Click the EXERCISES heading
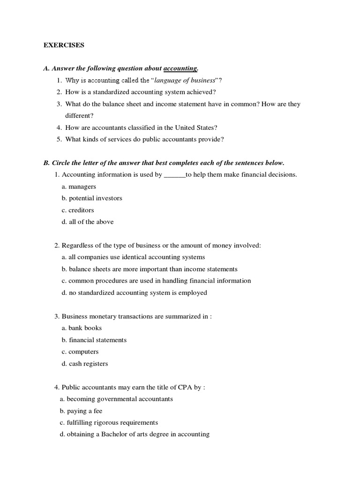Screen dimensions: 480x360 64,45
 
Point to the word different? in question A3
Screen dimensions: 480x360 79,115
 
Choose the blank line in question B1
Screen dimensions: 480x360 174,175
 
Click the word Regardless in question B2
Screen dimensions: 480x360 78,245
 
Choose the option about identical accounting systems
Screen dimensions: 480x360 133,257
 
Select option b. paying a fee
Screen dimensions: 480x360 81,411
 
